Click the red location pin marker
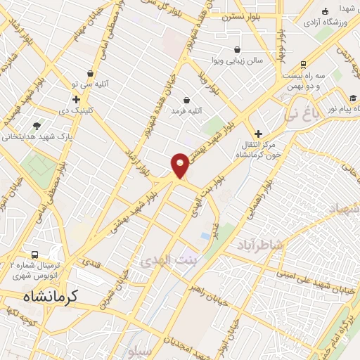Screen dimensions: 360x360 (x=181, y=165)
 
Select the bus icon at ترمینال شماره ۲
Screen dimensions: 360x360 (x=34, y=255)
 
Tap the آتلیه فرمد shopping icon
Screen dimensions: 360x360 (x=186, y=100)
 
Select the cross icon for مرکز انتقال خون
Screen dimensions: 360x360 (x=258, y=134)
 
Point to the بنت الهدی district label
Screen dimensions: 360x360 (x=161, y=259)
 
